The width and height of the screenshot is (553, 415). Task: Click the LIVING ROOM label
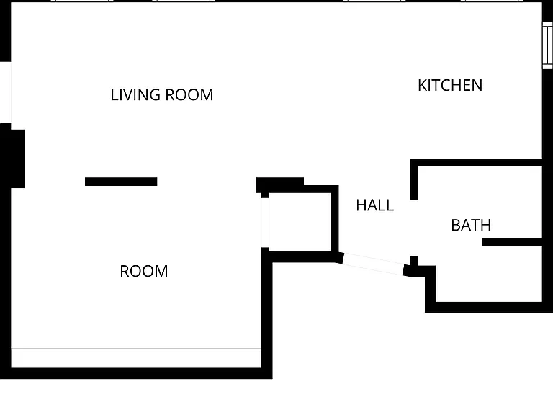[162, 95]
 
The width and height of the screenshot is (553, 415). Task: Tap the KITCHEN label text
[450, 86]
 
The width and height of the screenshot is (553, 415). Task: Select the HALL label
[375, 205]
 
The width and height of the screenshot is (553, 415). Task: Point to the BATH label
[471, 225]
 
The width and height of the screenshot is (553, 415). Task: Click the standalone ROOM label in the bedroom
[144, 272]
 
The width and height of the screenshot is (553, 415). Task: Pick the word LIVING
[135, 95]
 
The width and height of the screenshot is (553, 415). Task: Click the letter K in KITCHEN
[422, 86]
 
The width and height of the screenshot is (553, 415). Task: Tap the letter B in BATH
[456, 225]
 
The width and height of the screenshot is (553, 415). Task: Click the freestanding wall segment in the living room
[121, 182]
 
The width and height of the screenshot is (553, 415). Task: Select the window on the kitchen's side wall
[547, 45]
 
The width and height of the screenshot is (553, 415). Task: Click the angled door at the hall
[373, 264]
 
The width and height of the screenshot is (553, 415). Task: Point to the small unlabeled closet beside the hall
[300, 223]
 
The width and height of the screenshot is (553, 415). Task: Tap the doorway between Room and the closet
[265, 223]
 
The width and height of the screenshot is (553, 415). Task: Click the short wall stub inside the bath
[512, 242]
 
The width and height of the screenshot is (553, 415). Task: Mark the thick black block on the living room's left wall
[13, 159]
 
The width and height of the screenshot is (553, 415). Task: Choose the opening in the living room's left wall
[6, 92]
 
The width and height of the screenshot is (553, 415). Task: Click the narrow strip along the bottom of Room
[136, 359]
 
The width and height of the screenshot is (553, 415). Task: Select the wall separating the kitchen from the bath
[476, 163]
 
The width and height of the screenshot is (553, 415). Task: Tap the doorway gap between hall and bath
[414, 228]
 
